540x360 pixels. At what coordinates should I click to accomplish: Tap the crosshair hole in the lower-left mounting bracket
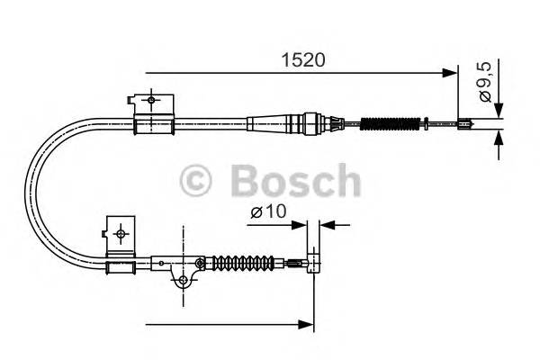click(121, 232)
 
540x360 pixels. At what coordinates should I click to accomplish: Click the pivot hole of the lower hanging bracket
click(183, 281)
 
